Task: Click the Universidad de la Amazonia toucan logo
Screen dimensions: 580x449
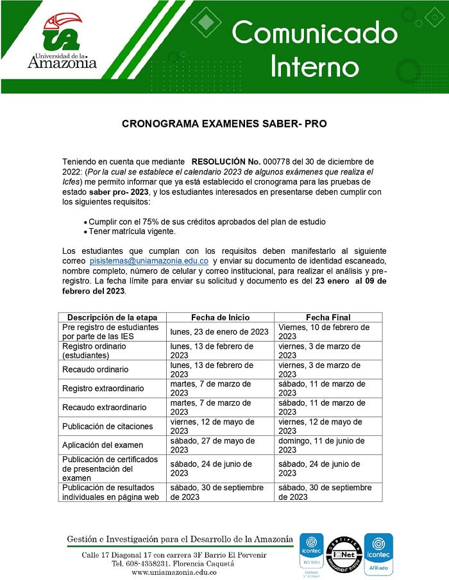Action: [x=62, y=32]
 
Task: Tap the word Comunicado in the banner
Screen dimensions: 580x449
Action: [x=314, y=32]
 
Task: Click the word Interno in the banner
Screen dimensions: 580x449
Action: [x=314, y=66]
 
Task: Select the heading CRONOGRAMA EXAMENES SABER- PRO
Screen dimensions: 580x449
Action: [x=224, y=124]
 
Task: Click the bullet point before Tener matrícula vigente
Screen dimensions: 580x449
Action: [x=85, y=231]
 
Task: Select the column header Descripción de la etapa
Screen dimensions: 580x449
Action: [x=112, y=317]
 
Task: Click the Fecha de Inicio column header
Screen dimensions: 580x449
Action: [x=220, y=317]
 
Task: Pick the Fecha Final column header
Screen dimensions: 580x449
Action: [x=328, y=317]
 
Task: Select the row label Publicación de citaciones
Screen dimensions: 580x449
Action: [x=107, y=426]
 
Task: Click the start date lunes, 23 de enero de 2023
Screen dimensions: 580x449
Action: [x=219, y=331]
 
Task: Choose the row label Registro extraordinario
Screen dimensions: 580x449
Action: [x=103, y=388]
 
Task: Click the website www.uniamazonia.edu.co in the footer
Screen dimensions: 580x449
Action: [x=174, y=572]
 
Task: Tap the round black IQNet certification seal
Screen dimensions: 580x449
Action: [x=344, y=553]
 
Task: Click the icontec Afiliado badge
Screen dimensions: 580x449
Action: [x=378, y=553]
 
